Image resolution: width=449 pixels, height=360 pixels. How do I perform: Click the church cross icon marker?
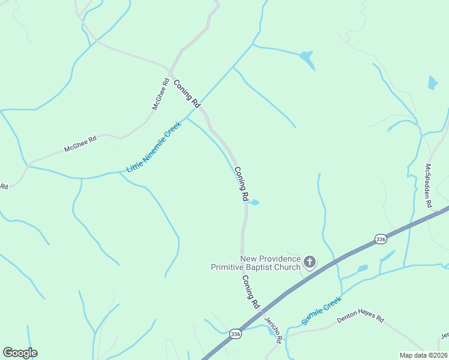310,261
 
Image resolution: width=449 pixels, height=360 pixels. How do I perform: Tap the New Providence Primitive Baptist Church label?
255,263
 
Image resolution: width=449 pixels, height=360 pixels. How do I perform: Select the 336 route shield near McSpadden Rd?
381,238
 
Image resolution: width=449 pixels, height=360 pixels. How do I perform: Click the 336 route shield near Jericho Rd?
236,334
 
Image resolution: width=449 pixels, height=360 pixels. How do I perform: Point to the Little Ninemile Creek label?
154,147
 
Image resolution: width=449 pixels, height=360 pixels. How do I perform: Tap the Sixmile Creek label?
322,310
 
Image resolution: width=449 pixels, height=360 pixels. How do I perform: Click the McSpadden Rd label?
429,185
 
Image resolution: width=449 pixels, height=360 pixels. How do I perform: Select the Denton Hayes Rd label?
360,316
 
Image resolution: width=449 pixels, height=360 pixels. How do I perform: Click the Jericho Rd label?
273,329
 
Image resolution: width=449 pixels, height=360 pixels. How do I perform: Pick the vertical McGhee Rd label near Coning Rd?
160,94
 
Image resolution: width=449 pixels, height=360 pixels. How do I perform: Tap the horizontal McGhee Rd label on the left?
80,144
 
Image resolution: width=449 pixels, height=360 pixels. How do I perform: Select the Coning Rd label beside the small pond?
241,184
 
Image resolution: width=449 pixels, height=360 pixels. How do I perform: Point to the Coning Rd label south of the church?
250,292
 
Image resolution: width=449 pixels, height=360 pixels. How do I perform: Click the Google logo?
20,353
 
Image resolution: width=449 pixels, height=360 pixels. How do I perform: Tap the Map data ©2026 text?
424,355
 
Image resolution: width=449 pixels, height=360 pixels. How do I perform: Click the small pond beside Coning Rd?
254,202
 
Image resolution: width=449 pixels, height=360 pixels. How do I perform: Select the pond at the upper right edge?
432,83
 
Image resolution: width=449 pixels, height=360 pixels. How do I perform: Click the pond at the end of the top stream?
307,58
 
